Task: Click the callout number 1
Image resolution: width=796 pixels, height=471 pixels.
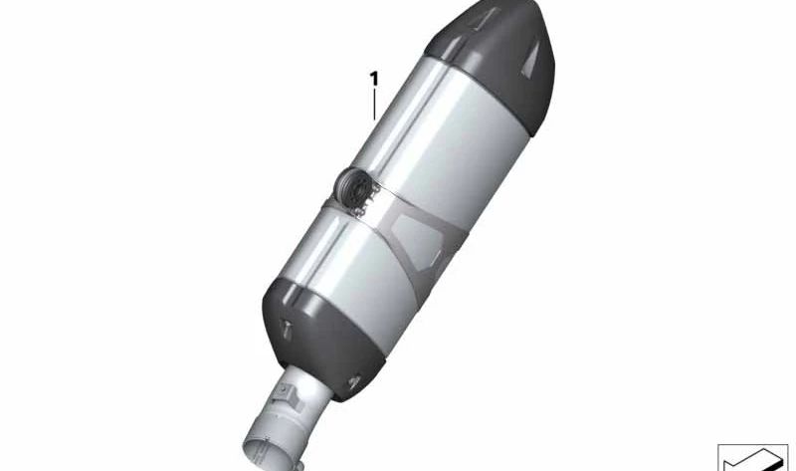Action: pyautogui.click(x=374, y=78)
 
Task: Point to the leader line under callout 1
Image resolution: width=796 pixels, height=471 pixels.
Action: pyautogui.click(x=374, y=104)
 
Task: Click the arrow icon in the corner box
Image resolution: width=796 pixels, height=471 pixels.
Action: pyautogui.click(x=752, y=457)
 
